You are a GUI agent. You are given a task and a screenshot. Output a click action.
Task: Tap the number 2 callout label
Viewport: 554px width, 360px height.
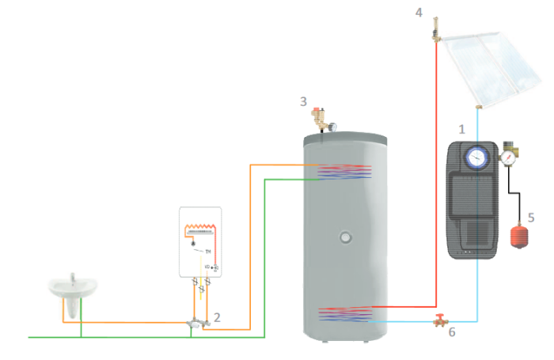[x=217, y=317]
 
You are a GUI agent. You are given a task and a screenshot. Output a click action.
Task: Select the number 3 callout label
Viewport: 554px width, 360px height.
[x=303, y=101]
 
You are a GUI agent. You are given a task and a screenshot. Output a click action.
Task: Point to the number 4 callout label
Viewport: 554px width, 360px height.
[x=419, y=11]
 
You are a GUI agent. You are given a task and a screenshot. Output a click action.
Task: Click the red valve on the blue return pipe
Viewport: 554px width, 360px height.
[x=438, y=320]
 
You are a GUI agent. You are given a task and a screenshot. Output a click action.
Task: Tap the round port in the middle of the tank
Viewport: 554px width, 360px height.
[x=345, y=236]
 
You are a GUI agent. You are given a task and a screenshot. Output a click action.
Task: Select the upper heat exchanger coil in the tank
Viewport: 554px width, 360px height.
[x=345, y=172]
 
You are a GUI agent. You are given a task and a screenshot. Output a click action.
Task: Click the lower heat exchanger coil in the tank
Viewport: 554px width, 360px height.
[x=345, y=314]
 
